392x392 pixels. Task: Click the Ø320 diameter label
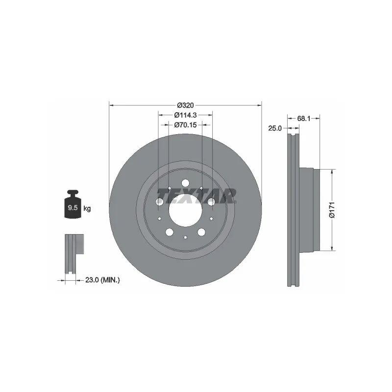pyautogui.click(x=185, y=105)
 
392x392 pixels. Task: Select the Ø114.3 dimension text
pyautogui.click(x=185, y=115)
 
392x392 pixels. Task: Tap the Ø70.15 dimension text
pyautogui.click(x=185, y=124)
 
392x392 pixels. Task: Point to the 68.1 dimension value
pyautogui.click(x=303, y=119)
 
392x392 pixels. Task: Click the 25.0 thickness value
pyautogui.click(x=275, y=128)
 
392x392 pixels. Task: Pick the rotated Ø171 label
pyautogui.click(x=332, y=210)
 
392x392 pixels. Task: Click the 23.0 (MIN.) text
pyautogui.click(x=102, y=280)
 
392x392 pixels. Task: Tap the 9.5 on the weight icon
pyautogui.click(x=73, y=207)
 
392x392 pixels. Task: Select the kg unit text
pyautogui.click(x=87, y=208)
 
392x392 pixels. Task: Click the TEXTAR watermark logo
pyautogui.click(x=196, y=196)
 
